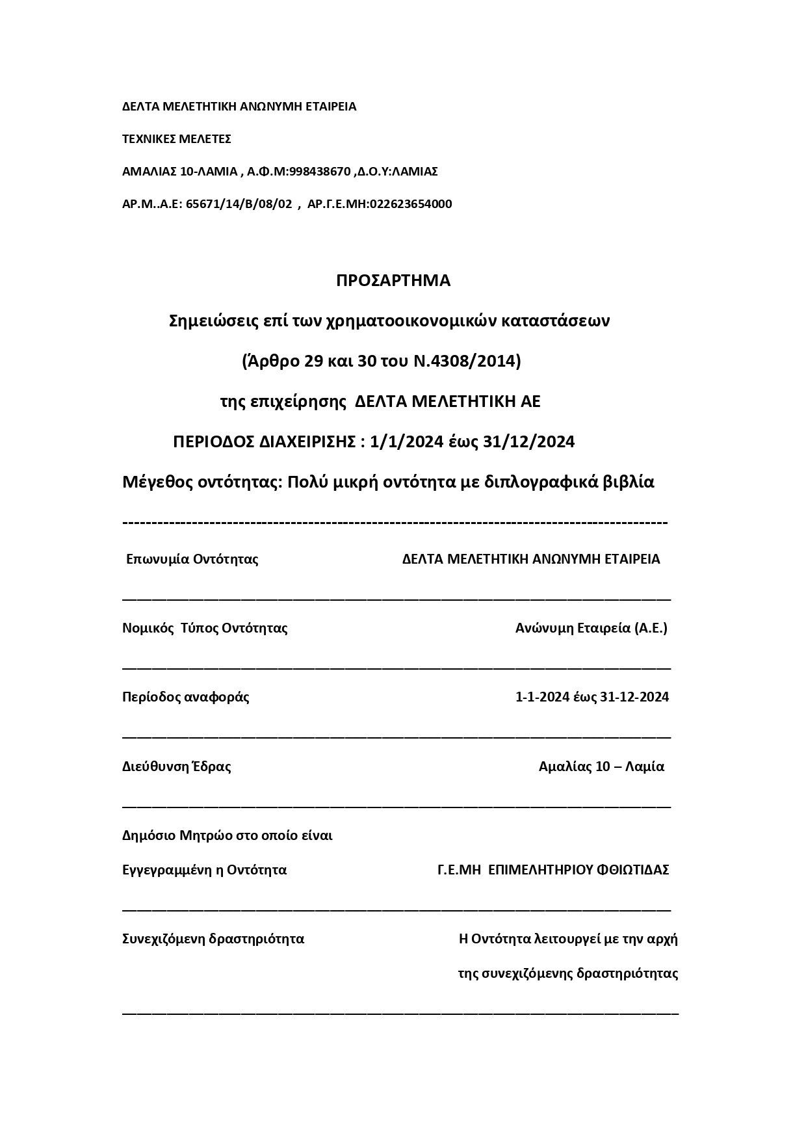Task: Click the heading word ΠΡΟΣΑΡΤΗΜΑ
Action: point(393,280)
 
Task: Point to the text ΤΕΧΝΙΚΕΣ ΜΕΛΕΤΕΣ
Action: point(177,139)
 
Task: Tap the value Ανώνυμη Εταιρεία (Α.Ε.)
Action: point(591,628)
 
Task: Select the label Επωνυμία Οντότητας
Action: point(192,559)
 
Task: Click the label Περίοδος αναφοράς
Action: point(186,697)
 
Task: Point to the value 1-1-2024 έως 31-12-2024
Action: point(591,697)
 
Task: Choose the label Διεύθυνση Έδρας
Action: point(177,767)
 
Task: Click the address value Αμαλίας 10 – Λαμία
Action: point(601,767)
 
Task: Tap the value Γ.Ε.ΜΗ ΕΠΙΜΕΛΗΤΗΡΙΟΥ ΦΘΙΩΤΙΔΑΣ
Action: point(553,870)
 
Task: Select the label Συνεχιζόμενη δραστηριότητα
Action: point(213,939)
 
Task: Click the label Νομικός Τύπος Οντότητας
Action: point(205,628)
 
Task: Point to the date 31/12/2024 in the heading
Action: point(529,442)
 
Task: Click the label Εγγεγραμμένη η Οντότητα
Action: point(204,870)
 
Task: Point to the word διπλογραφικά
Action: point(531,482)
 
